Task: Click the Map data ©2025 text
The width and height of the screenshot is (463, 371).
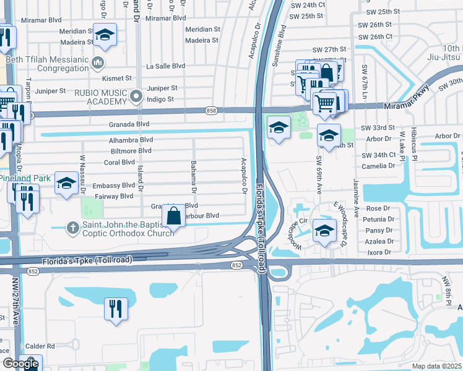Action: click(437, 366)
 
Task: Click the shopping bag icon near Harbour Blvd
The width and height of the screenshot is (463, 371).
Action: click(174, 216)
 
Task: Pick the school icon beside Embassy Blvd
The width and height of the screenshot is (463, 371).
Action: click(66, 183)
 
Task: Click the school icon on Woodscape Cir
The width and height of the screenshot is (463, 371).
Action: click(324, 230)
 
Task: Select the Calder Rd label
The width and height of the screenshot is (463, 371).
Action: click(42, 346)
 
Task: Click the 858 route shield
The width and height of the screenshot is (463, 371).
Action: click(212, 110)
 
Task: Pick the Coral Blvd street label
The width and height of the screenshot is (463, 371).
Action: click(119, 162)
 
